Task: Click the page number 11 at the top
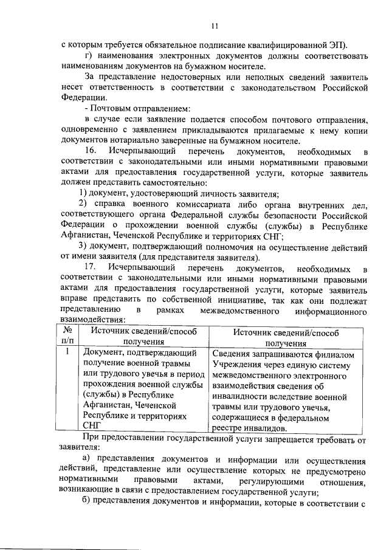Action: coord(215,26)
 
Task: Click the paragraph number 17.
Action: coord(91,267)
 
